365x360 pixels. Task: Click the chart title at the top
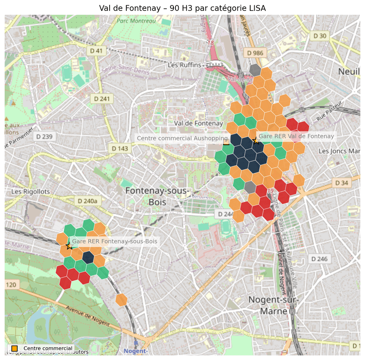coord(182,8)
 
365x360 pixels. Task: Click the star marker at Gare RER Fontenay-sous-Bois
coord(69,246)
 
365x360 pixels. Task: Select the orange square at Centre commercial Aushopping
coord(226,142)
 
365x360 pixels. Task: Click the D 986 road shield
coord(255,53)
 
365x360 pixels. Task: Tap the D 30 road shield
coord(320,36)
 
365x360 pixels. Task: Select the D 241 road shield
coord(102,98)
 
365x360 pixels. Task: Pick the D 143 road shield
coord(120,148)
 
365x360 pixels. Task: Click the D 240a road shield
coord(87,201)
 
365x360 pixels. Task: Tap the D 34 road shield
coord(342,183)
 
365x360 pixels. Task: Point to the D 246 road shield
coord(319,259)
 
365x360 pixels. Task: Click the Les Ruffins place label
coord(184,65)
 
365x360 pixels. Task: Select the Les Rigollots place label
coord(31,192)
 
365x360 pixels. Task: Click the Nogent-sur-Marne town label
coord(273,305)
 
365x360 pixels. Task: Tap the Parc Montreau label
coord(136,21)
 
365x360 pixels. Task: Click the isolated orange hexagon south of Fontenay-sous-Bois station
coord(121,299)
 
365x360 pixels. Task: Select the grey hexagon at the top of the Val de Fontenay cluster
coord(255,70)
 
